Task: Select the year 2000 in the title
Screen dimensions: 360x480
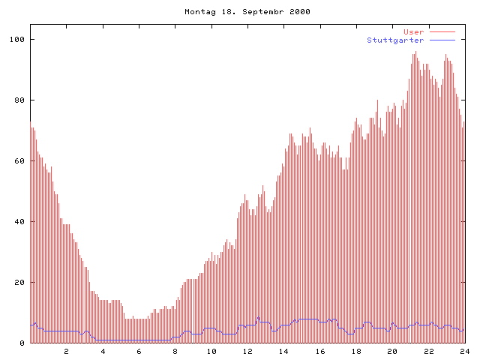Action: point(298,12)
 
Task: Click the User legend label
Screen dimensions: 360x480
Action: point(414,31)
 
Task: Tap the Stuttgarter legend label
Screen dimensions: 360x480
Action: point(395,40)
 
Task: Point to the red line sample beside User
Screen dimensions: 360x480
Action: point(442,31)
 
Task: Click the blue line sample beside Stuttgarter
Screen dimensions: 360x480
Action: point(442,40)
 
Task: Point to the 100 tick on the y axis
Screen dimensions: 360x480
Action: point(19,39)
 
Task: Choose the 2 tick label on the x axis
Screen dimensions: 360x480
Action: point(66,351)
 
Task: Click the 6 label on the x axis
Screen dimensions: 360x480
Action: point(139,351)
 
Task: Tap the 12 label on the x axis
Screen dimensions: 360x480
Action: point(247,351)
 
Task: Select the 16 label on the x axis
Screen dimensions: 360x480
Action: point(320,351)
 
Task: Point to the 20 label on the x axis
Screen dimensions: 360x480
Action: point(392,351)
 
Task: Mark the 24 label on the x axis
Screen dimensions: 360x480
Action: point(464,351)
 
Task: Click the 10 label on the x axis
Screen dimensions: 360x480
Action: point(211,351)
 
